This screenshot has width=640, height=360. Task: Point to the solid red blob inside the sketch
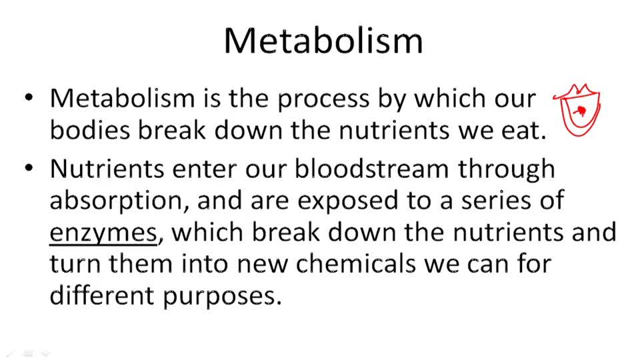[x=582, y=109]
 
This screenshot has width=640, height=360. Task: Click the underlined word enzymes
[x=103, y=233]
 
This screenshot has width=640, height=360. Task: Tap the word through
[x=506, y=169]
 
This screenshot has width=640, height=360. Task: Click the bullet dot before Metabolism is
[x=29, y=98]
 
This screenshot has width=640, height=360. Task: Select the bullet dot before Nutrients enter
[x=29, y=167]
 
